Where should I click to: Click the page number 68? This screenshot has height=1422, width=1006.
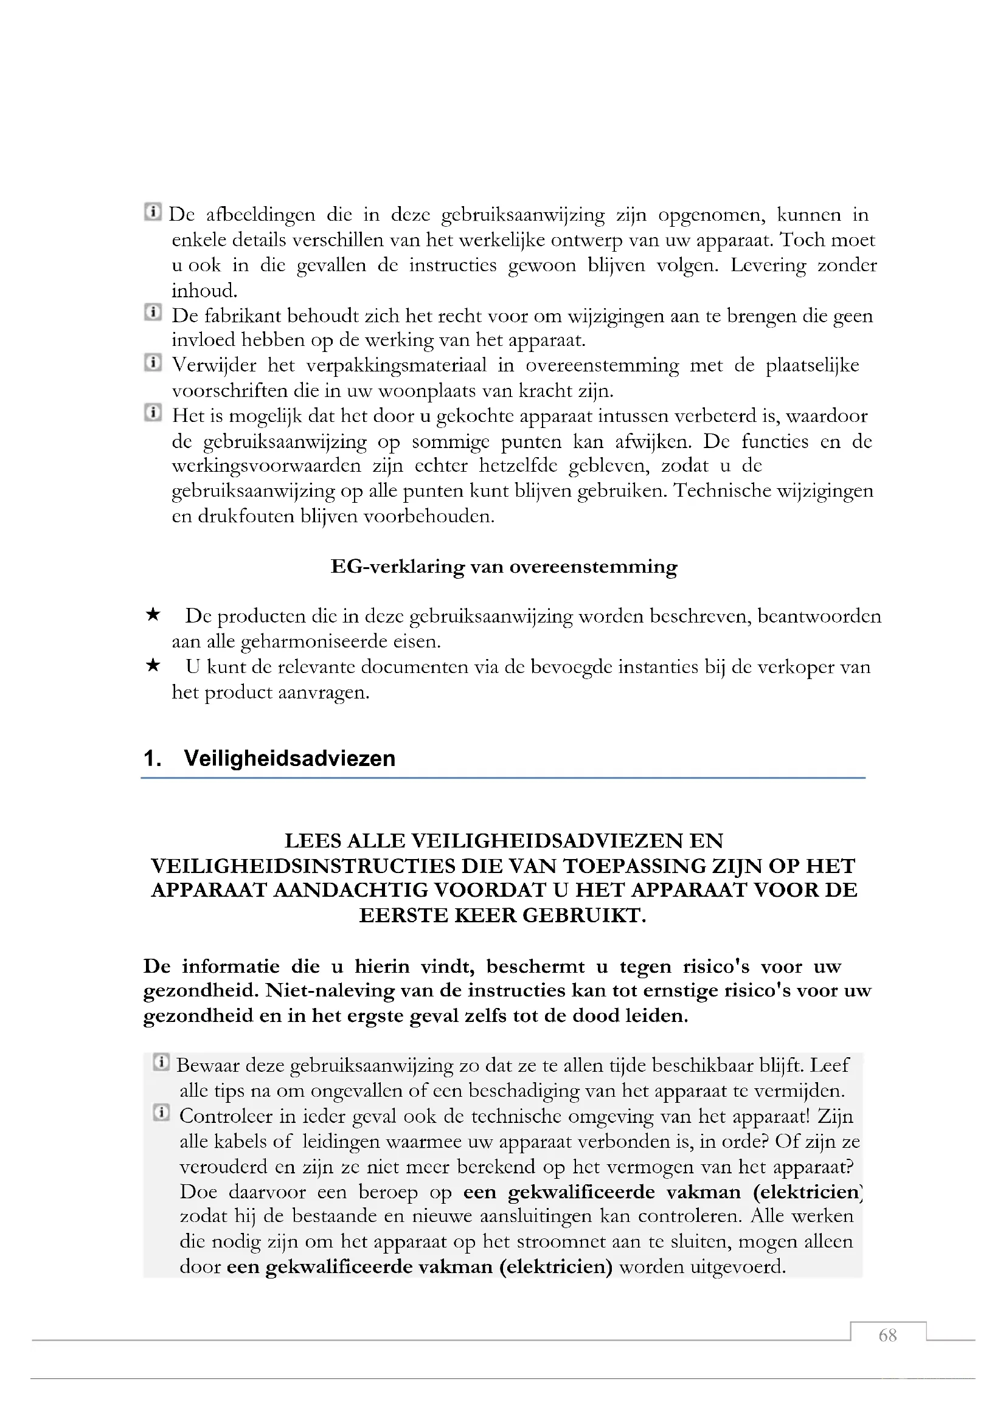coord(887,1335)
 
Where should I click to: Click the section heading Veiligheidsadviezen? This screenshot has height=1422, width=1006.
coord(290,759)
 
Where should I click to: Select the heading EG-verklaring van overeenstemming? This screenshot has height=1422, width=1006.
coord(504,567)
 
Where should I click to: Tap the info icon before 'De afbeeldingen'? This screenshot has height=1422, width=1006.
coord(153,212)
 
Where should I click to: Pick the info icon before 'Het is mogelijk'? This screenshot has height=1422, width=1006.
coord(153,412)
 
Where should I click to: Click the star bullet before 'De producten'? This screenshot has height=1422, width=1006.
coord(153,615)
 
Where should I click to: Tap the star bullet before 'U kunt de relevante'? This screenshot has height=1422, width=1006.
coord(153,666)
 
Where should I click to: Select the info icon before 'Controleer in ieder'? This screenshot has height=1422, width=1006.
coord(161,1113)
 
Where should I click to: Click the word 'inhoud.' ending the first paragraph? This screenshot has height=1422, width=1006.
coord(204,291)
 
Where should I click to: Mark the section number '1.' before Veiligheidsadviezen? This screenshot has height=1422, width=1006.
coord(153,759)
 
